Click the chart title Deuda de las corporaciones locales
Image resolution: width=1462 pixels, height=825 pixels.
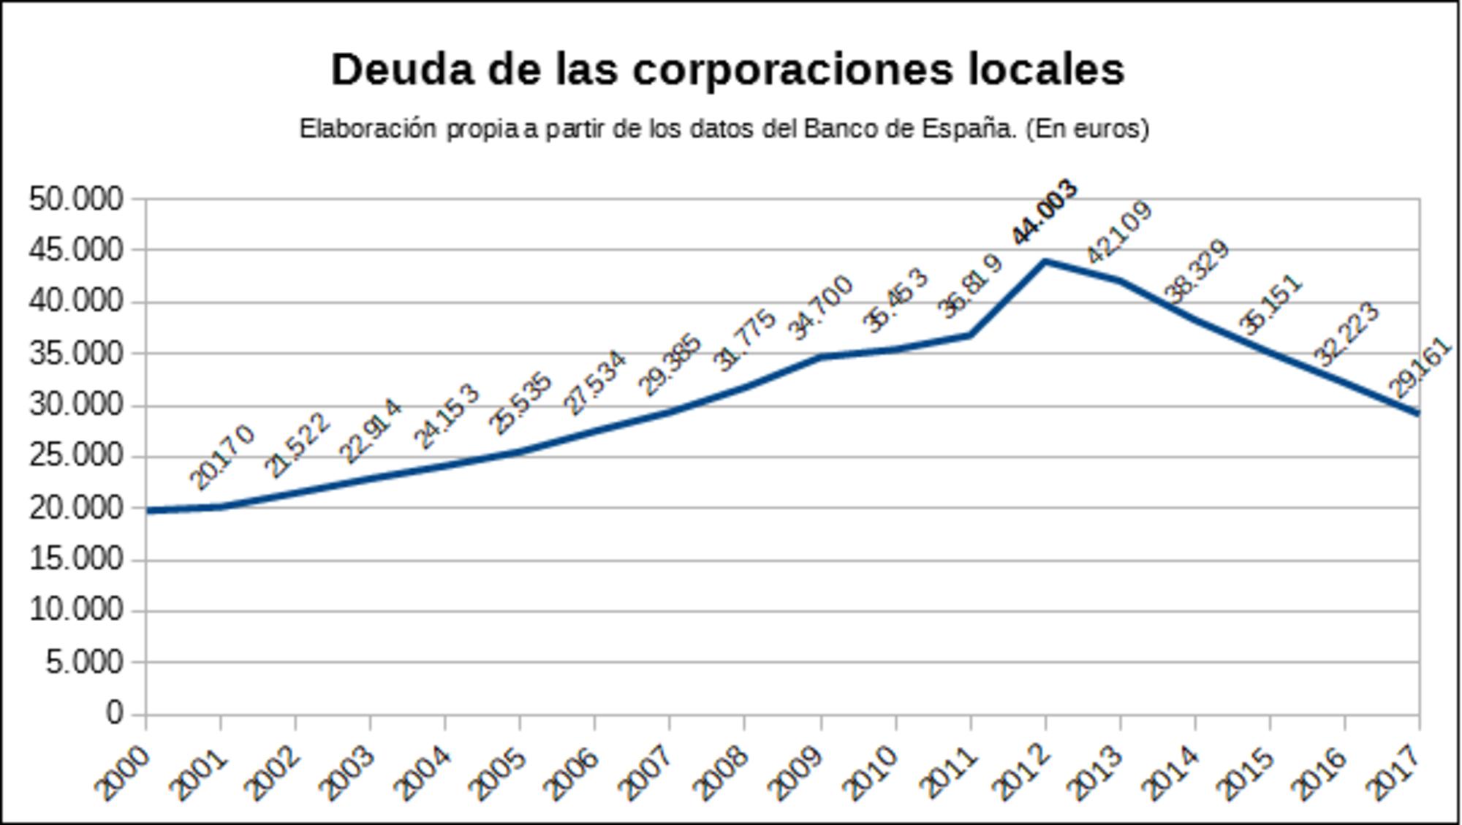pyautogui.click(x=727, y=70)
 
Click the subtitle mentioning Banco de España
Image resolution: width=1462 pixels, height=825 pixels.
pyautogui.click(x=724, y=129)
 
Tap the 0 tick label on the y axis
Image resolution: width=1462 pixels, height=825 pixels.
pyautogui.click(x=114, y=713)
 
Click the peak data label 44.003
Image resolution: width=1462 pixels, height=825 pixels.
pyautogui.click(x=1045, y=212)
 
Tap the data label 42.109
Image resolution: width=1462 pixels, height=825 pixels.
pyautogui.click(x=1120, y=232)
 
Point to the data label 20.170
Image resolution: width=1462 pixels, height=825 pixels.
pyautogui.click(x=222, y=457)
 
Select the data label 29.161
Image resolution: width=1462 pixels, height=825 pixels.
pyautogui.click(x=1420, y=368)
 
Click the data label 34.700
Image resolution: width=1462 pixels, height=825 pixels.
pyautogui.click(x=820, y=308)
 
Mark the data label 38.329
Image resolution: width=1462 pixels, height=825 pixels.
pyautogui.click(x=1197, y=271)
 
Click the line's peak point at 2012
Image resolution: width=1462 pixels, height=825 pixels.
pyautogui.click(x=1045, y=261)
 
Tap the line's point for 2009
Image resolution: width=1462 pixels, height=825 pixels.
pyautogui.click(x=820, y=357)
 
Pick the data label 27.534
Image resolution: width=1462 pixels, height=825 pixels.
pyautogui.click(x=596, y=383)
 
